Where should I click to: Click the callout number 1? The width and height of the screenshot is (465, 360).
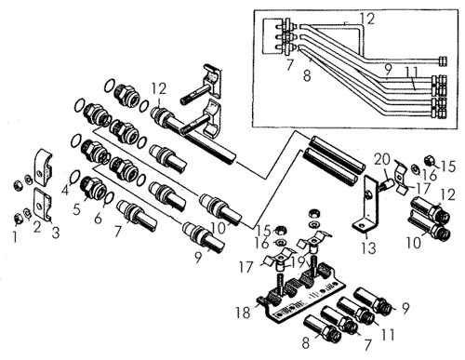tap(15, 237)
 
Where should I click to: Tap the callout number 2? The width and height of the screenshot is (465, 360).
tap(37, 228)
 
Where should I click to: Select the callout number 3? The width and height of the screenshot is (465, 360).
tap(55, 233)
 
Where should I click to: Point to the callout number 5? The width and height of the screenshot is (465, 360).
tap(76, 209)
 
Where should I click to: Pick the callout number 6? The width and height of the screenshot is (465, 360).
tap(98, 219)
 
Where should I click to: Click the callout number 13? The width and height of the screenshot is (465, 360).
tap(368, 248)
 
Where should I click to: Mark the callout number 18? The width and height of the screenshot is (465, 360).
tap(243, 313)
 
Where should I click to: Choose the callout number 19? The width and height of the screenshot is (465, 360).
tap(299, 262)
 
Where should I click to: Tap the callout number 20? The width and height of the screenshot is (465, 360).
tap(382, 160)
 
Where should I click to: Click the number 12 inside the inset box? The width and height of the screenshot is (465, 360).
tap(367, 20)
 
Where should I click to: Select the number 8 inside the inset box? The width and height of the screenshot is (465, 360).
tap(307, 75)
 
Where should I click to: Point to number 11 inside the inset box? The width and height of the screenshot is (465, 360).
tap(412, 73)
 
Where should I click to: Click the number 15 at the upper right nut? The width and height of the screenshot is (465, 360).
tap(448, 167)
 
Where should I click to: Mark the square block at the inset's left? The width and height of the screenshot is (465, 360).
tap(273, 36)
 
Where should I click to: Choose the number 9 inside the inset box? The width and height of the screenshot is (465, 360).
tap(389, 68)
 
